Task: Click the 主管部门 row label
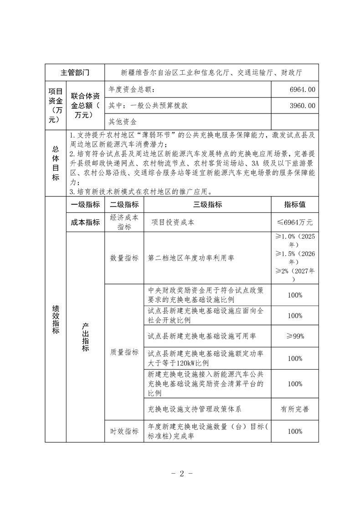click(75, 72)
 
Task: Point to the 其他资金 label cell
click(123, 122)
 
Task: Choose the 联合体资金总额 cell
click(85, 105)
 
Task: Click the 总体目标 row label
click(55, 163)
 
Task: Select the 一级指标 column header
click(85, 205)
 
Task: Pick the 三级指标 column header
click(207, 205)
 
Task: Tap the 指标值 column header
click(295, 205)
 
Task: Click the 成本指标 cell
click(85, 222)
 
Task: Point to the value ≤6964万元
click(295, 222)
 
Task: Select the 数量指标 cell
click(124, 258)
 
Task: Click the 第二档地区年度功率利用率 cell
click(191, 258)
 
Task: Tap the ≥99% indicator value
click(295, 336)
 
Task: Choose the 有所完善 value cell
click(295, 409)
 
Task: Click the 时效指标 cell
click(124, 431)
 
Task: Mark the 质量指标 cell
click(124, 352)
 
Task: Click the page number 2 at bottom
click(180, 473)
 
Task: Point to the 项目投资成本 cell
click(173, 222)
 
